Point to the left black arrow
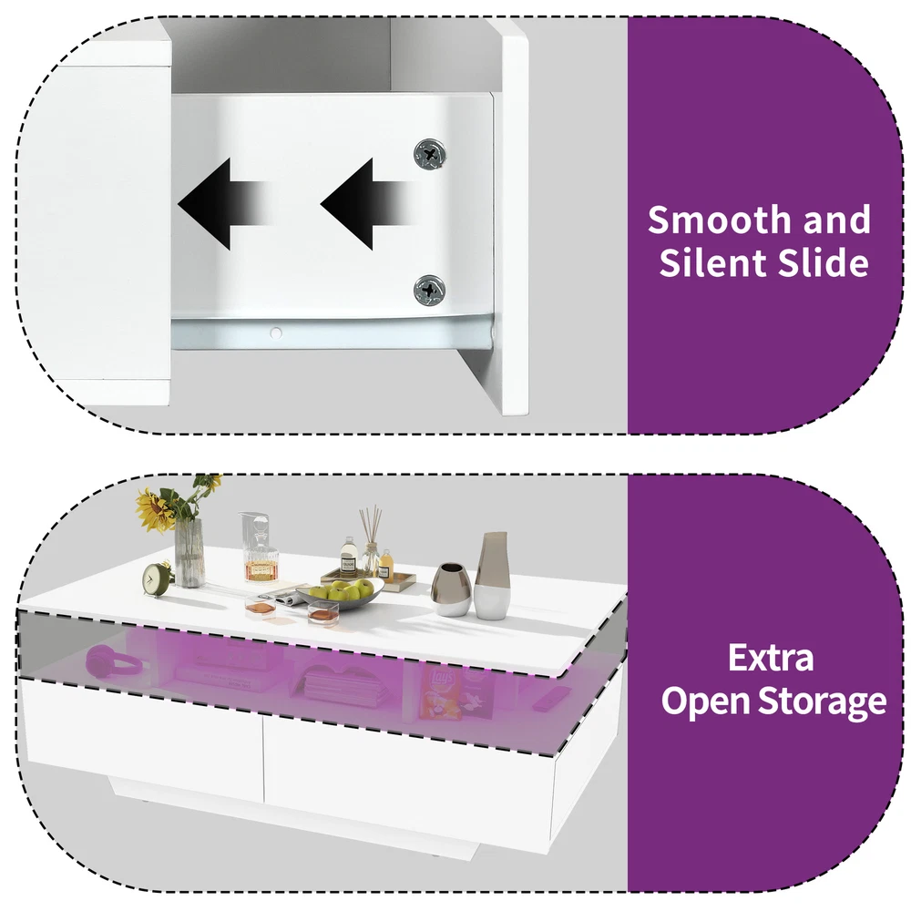223,201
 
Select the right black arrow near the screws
364,201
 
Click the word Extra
771,657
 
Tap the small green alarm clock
156,578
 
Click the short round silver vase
451,589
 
